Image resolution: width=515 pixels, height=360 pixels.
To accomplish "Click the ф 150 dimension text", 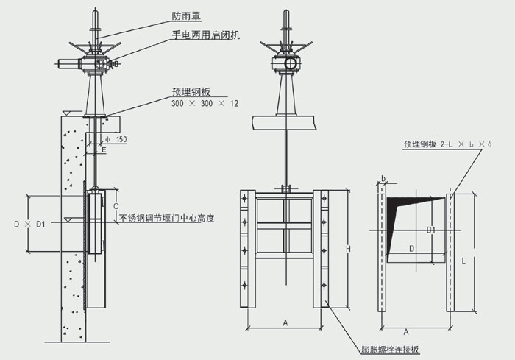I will pos(116,139).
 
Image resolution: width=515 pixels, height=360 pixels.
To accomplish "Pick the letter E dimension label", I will pos(104,149).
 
